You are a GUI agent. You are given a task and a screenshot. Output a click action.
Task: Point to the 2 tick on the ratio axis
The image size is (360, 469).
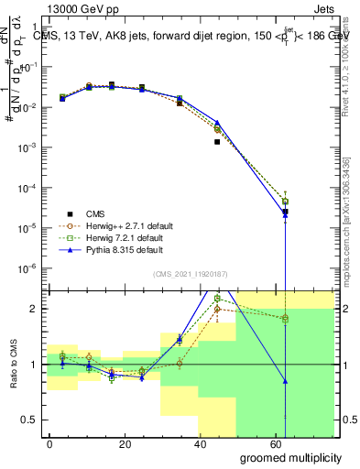(x=34, y=309)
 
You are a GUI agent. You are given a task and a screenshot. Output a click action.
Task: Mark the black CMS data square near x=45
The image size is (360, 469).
(x=217, y=142)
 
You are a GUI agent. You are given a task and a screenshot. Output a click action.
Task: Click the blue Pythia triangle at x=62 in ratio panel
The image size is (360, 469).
(x=285, y=381)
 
